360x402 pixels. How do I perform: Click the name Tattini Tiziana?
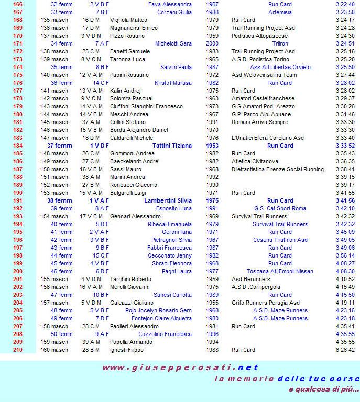point(172,146)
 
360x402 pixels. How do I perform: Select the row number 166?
point(18,4)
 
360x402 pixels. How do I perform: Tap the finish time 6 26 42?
point(345,350)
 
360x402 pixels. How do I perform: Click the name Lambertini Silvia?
point(168,200)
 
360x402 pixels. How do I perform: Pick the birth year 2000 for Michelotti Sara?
point(212,43)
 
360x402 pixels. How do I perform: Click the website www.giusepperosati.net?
point(180,367)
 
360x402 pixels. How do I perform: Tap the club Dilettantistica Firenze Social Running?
point(278,169)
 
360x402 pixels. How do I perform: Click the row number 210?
point(18,350)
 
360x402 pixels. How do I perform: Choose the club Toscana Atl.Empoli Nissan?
point(280,271)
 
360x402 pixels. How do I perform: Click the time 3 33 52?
point(345,146)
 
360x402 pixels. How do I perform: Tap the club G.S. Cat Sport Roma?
point(280,208)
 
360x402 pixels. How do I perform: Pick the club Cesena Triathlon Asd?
point(280,240)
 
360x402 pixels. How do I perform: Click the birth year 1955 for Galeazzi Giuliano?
point(212,303)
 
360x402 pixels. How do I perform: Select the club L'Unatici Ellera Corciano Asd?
point(267,138)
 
